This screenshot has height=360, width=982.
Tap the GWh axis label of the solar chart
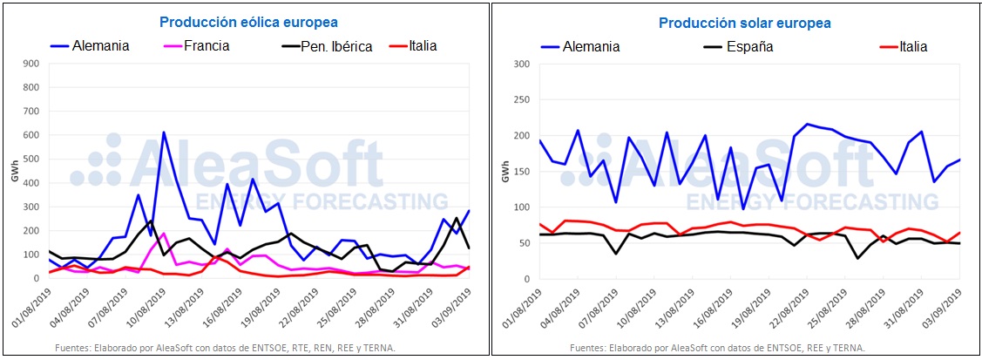[x=503, y=170]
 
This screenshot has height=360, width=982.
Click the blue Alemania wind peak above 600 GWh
[x=164, y=132]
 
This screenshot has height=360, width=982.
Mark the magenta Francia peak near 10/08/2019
[x=164, y=234]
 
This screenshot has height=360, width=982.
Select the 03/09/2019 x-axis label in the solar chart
[x=943, y=305]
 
